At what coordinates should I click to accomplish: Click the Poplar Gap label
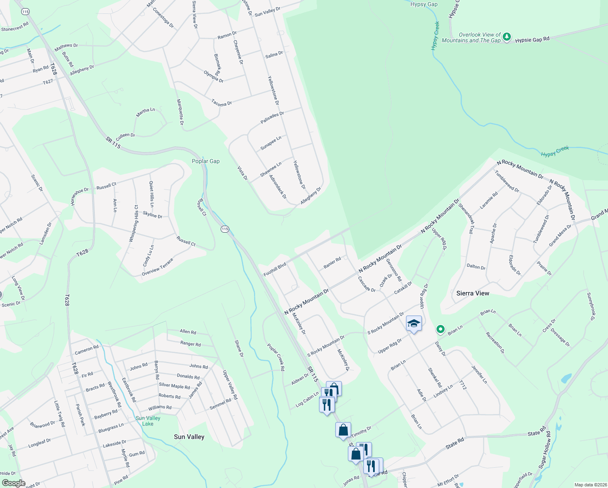click(x=206, y=161)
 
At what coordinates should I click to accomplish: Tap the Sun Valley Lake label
click(x=148, y=421)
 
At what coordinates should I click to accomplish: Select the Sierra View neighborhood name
click(x=473, y=293)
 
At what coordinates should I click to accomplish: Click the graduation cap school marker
click(x=414, y=324)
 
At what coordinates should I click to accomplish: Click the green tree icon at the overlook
click(x=506, y=37)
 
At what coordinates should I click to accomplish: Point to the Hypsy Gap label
click(x=424, y=4)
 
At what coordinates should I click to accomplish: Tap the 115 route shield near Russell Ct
click(x=225, y=229)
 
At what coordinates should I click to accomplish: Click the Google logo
click(x=13, y=483)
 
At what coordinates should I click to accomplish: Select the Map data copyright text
click(x=590, y=485)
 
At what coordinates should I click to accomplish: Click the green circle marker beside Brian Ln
click(x=440, y=329)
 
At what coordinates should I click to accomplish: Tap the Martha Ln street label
click(x=145, y=113)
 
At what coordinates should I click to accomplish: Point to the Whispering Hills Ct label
click(x=134, y=224)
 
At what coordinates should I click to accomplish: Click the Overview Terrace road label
click(x=157, y=267)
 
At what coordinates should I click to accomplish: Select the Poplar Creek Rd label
click(x=276, y=357)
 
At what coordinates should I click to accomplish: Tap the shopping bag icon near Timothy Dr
click(x=343, y=430)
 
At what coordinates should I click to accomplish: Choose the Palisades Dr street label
click(x=272, y=118)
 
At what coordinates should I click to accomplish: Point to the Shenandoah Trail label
click(x=466, y=218)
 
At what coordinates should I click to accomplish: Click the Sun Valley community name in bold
click(x=189, y=437)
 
